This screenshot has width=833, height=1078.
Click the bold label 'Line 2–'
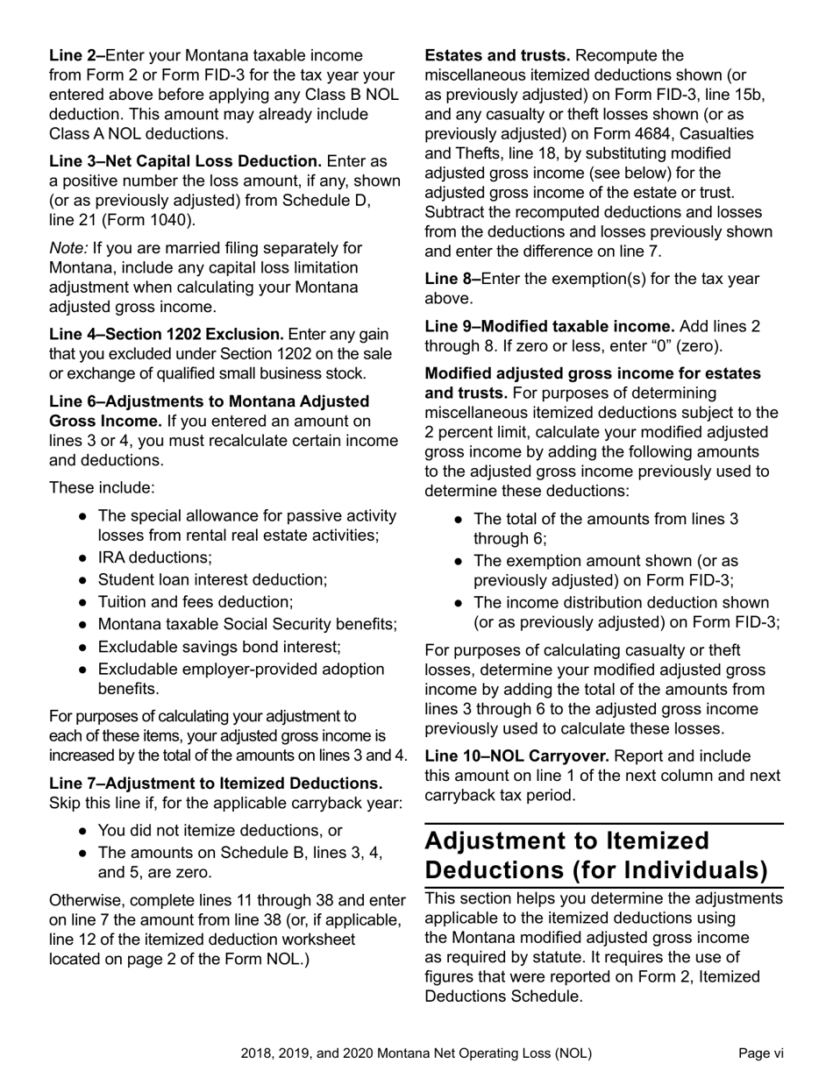[76, 56]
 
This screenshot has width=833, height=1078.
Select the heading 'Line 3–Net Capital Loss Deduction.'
[185, 161]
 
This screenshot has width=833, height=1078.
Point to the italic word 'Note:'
[69, 249]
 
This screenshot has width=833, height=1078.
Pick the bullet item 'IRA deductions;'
[154, 557]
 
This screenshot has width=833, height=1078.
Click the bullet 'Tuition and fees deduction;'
[195, 602]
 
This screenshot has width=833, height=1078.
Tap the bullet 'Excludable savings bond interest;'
[219, 647]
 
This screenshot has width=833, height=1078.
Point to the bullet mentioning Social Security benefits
[247, 624]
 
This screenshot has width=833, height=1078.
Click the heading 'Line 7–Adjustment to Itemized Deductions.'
[216, 784]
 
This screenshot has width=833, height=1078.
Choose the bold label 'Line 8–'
[452, 280]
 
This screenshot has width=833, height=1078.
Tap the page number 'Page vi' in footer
[760, 1053]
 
